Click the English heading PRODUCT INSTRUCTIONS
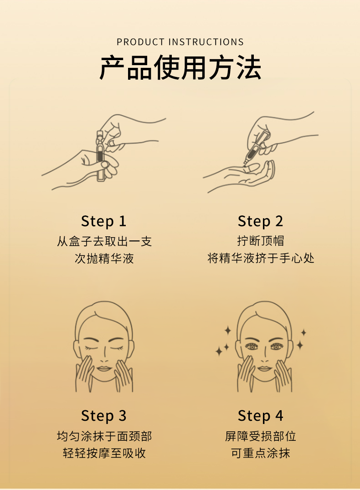(180, 42)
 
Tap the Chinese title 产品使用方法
(180, 67)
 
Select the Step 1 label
(103, 221)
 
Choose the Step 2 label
(260, 221)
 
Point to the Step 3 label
(103, 416)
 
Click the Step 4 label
(260, 416)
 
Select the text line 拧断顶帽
(261, 241)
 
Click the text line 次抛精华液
(104, 259)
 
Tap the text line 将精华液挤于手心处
(261, 259)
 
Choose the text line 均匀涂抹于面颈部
(104, 436)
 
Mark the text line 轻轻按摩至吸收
(104, 453)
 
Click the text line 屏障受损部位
(261, 436)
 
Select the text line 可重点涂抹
(261, 453)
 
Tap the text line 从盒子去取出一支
(104, 241)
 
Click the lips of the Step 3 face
(103, 369)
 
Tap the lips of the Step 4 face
(265, 369)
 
